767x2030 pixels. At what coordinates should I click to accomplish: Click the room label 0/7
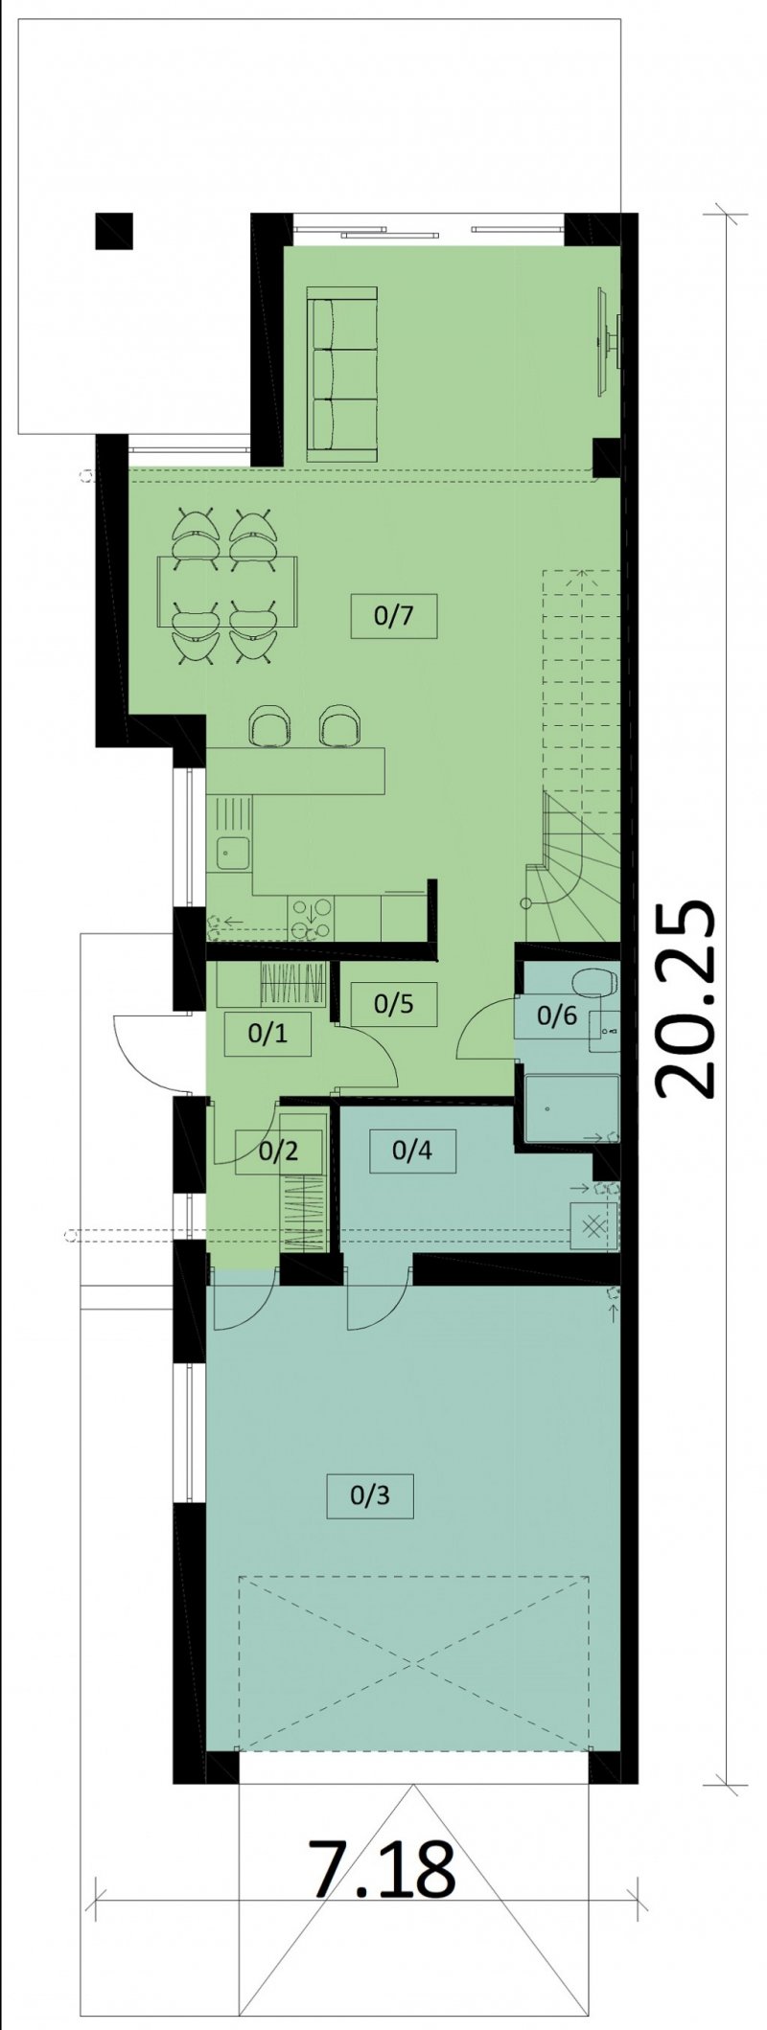click(x=393, y=616)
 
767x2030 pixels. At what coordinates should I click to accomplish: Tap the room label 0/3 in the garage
click(x=370, y=1495)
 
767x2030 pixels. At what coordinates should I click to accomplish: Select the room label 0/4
click(x=411, y=1149)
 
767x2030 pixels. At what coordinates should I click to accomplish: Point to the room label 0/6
click(x=557, y=1015)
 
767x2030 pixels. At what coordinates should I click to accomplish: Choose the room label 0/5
click(x=393, y=1004)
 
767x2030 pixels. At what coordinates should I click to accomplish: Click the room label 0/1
click(x=267, y=1033)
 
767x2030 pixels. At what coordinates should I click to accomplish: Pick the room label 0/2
click(x=278, y=1151)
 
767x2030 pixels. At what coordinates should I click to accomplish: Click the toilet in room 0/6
click(x=592, y=984)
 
